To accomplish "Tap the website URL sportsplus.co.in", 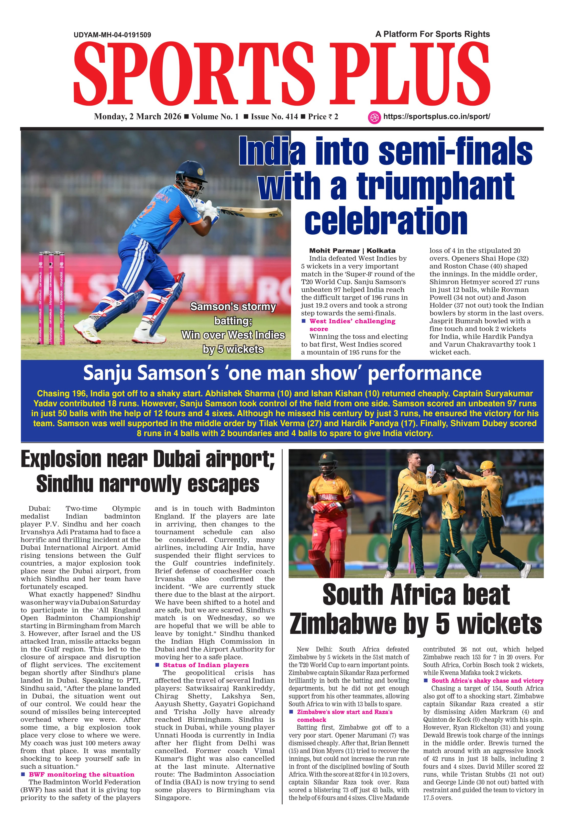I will (x=436, y=117).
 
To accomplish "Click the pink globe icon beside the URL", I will (x=374, y=117).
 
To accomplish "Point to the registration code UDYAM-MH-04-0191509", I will (x=112, y=35).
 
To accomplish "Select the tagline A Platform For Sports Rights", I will (x=432, y=34).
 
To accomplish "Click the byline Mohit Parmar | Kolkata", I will (x=352, y=251).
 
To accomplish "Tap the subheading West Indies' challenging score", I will (x=352, y=325).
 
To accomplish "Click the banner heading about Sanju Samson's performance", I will (x=282, y=373).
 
